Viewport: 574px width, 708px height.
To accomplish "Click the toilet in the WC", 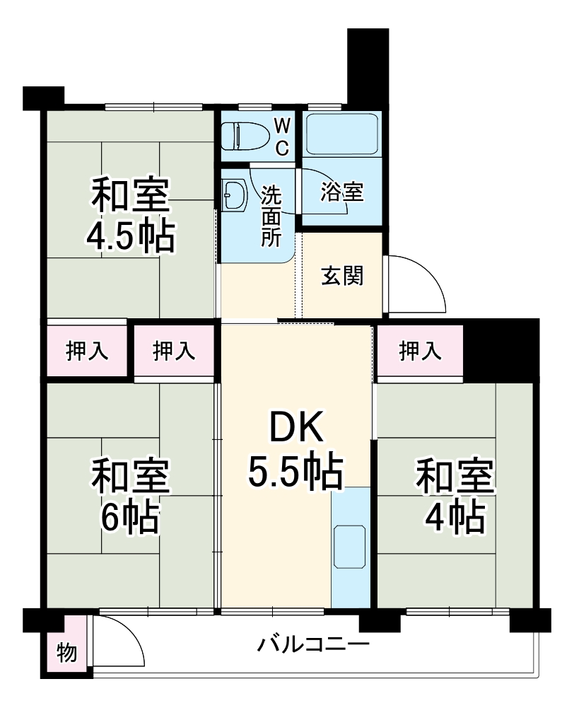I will tap(244, 136).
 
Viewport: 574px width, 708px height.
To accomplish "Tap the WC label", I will tap(281, 137).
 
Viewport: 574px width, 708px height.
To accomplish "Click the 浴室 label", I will tap(342, 192).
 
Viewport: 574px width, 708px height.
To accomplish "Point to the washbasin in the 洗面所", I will tap(234, 192).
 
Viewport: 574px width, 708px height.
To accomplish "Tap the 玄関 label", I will tap(342, 276).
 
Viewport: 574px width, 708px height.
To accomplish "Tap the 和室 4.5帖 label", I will tap(131, 216).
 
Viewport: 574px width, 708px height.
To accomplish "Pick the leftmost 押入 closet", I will tap(87, 351).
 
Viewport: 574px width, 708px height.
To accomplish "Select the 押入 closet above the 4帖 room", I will tap(420, 351).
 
